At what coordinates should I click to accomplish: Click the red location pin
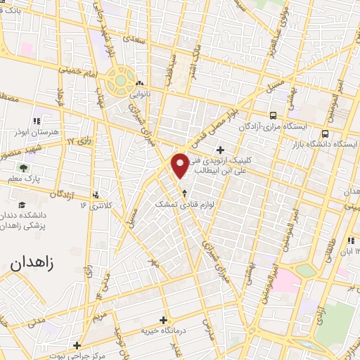point(180,164)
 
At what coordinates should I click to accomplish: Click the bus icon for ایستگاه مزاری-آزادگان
point(273,115)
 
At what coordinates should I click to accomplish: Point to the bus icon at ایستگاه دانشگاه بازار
point(325,133)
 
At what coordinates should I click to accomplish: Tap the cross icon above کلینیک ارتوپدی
point(221,149)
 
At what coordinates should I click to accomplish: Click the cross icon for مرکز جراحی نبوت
point(77,345)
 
